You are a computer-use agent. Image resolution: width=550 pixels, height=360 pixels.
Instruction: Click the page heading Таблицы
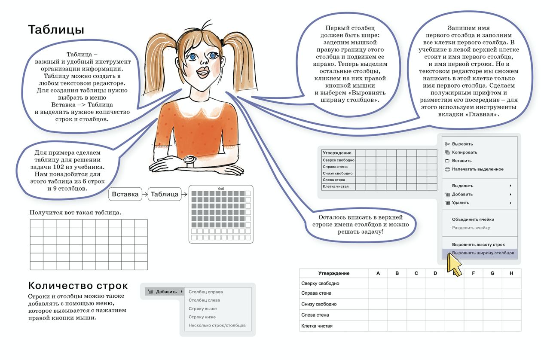(56, 30)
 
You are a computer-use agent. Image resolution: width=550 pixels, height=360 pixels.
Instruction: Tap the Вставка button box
(125, 194)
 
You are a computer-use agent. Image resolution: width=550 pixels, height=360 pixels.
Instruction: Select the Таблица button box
(165, 194)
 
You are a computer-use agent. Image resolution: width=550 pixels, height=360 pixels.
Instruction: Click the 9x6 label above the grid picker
(221, 189)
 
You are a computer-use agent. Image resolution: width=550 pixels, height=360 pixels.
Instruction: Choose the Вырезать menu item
(462, 144)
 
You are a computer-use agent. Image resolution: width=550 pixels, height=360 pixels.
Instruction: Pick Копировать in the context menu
(464, 152)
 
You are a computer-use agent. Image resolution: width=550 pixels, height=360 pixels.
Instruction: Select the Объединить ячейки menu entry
(473, 219)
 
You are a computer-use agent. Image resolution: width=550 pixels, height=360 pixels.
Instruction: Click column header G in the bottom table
(492, 273)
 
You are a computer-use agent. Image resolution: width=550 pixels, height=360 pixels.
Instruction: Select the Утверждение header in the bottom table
(334, 273)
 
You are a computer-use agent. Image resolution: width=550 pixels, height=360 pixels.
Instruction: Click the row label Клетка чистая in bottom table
(317, 326)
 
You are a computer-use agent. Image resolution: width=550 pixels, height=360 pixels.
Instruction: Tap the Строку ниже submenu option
(202, 317)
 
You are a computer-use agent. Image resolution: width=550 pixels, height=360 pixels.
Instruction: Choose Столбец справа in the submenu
(206, 292)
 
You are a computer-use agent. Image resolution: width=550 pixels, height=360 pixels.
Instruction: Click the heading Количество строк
(78, 286)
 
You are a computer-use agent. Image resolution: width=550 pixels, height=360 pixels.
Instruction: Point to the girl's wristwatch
(190, 160)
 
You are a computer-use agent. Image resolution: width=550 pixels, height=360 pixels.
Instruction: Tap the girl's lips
(203, 72)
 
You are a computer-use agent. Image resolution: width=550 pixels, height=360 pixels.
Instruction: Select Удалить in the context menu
(461, 203)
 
